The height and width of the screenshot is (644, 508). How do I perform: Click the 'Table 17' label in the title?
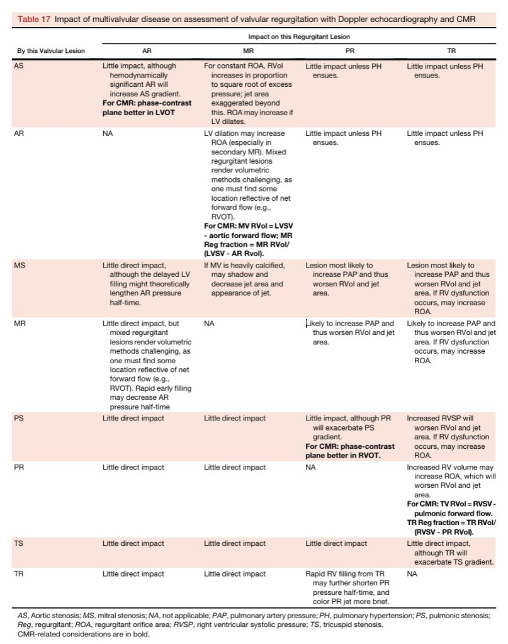tap(33, 20)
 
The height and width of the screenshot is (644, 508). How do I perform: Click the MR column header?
tap(247, 50)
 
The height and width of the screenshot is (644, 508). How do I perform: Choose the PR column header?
tap(349, 50)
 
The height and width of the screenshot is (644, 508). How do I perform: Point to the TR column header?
tap(450, 50)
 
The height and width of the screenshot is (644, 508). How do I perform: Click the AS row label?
tap(19, 65)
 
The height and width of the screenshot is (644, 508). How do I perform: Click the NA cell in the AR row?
tap(108, 133)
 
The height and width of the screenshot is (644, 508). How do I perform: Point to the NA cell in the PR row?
tap(310, 467)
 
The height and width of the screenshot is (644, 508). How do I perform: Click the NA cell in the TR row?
tap(412, 573)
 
